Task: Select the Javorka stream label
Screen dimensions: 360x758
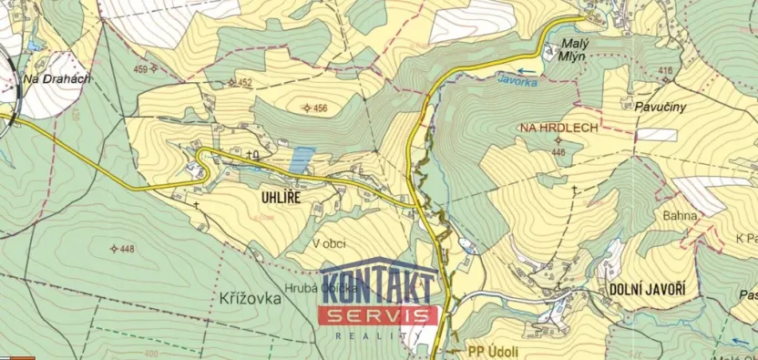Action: [517, 81]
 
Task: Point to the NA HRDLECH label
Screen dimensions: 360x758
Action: [558, 129]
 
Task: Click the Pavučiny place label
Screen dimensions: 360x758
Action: [660, 107]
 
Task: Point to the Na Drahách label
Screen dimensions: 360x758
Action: [56, 78]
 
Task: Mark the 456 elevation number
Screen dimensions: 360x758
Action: [319, 108]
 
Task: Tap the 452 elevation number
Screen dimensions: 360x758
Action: [243, 83]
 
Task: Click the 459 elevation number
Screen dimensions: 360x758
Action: [140, 68]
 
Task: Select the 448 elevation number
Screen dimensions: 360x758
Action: [127, 249]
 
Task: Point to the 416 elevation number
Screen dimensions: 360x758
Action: [664, 70]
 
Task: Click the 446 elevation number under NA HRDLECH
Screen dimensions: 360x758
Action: [558, 152]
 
